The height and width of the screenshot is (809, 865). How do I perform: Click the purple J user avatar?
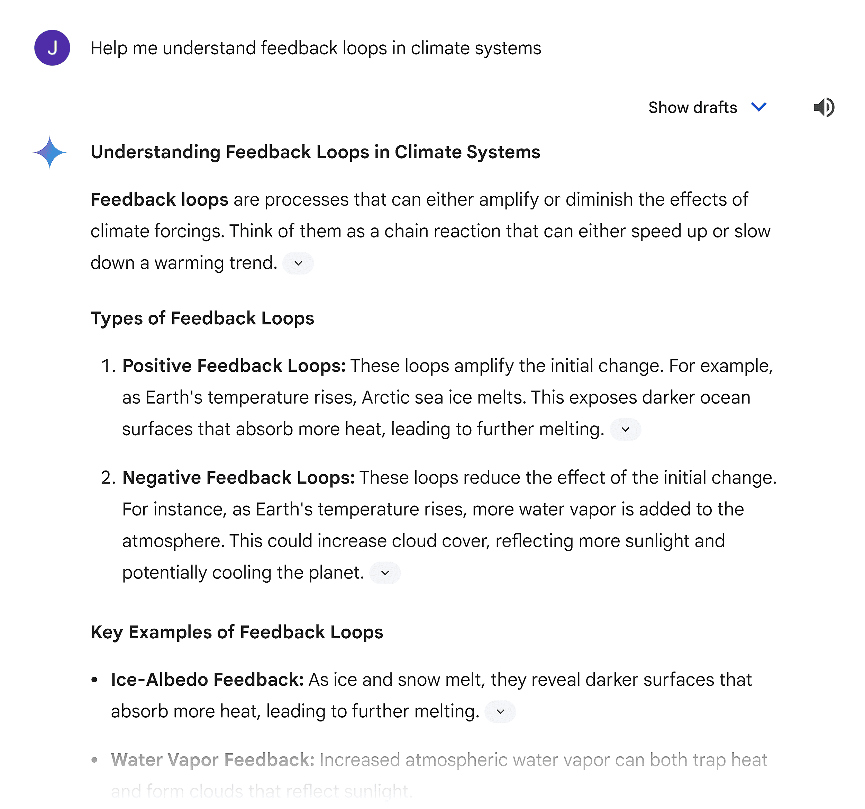click(52, 48)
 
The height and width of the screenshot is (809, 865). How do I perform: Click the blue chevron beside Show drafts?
click(759, 107)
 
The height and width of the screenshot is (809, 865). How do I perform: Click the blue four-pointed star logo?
click(49, 152)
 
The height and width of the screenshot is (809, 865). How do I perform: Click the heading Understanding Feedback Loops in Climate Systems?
click(315, 152)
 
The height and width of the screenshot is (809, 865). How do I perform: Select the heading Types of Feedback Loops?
click(202, 318)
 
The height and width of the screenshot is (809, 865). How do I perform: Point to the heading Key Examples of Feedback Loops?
click(237, 632)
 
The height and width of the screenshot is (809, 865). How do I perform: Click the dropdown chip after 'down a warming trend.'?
click(298, 263)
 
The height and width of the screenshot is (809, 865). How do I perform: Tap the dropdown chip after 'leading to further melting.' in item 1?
click(625, 429)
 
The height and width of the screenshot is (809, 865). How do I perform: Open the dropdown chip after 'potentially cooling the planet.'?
click(385, 573)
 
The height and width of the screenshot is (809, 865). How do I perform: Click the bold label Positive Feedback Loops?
click(234, 366)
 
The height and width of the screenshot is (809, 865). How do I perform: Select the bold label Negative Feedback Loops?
click(238, 478)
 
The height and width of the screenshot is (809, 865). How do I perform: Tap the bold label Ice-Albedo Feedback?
click(207, 680)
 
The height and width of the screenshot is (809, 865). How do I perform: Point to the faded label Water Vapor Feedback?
click(212, 760)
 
